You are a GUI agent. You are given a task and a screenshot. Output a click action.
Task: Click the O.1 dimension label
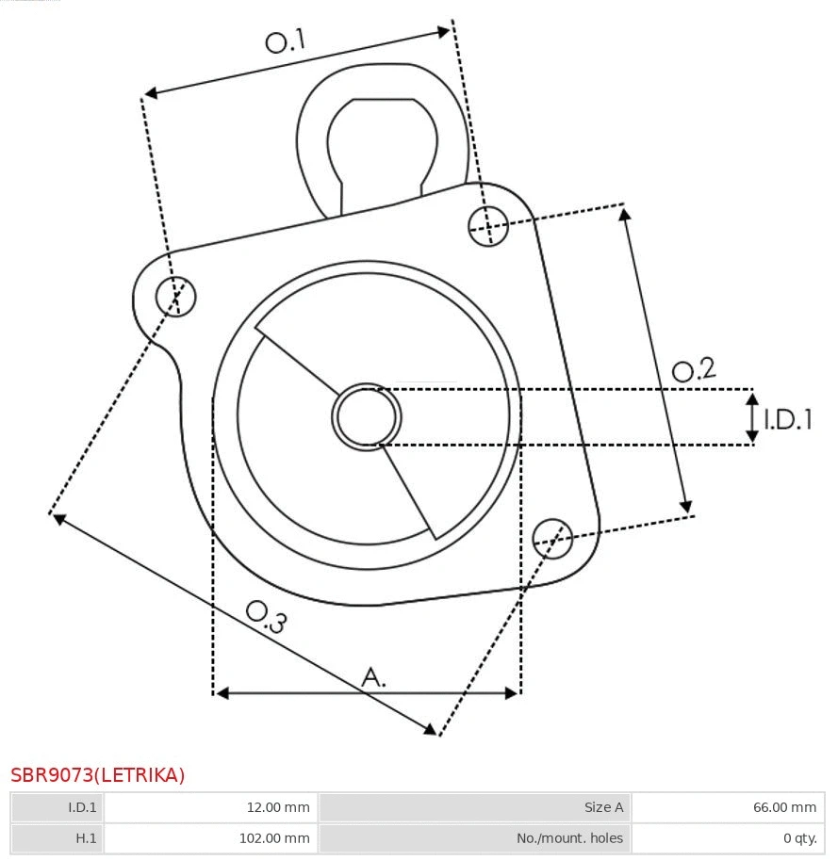(x=285, y=41)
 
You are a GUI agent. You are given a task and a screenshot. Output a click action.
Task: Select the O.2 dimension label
(x=694, y=370)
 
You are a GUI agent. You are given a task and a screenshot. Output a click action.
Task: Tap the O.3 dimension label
(x=266, y=616)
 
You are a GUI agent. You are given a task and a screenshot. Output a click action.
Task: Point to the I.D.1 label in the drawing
(x=788, y=419)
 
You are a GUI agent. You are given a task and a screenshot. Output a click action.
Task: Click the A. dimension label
(x=374, y=676)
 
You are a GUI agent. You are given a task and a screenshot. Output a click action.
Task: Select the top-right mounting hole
(x=488, y=225)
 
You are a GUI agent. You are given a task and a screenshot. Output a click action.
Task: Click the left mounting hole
(x=176, y=297)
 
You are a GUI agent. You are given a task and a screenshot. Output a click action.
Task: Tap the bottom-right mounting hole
(x=552, y=536)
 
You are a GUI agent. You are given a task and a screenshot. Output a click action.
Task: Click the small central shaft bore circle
(x=367, y=416)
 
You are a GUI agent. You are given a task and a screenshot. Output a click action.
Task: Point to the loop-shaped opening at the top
(x=382, y=141)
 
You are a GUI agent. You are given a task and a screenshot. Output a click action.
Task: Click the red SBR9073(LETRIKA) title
(x=98, y=775)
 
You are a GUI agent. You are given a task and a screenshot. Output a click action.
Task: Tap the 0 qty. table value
(x=797, y=837)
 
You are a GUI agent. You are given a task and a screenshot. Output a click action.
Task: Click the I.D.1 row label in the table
(x=82, y=807)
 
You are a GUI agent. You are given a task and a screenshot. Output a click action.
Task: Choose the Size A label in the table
(x=603, y=807)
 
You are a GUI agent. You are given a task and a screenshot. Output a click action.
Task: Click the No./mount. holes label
(x=569, y=837)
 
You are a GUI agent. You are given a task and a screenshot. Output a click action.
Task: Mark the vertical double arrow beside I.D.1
(x=752, y=418)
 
